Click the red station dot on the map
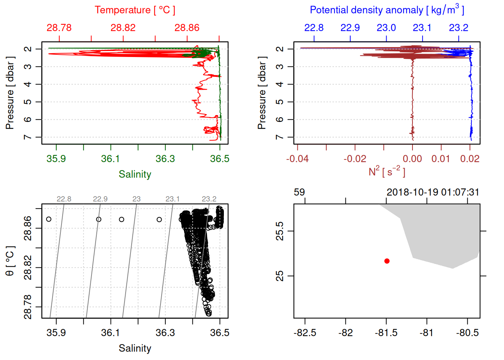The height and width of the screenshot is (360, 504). [x=387, y=261]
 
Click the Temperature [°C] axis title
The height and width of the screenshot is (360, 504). [x=135, y=10]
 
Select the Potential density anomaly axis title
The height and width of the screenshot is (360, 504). [x=387, y=10]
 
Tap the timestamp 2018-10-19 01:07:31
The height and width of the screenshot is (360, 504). [x=433, y=192]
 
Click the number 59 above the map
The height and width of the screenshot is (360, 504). [x=299, y=192]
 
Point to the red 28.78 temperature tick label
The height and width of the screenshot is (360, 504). [x=59, y=28]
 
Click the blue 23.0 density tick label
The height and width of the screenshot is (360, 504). [x=386, y=28]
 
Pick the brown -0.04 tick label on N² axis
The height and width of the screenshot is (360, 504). [x=297, y=159]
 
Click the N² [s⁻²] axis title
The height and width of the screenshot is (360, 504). [x=387, y=172]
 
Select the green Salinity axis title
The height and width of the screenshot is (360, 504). [x=135, y=174]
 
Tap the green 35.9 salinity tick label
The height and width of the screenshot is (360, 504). [x=56, y=159]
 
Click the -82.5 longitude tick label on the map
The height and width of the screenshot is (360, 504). [x=305, y=333]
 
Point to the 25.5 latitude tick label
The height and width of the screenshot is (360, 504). [x=280, y=231]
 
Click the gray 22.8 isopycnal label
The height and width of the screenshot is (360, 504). [x=64, y=199]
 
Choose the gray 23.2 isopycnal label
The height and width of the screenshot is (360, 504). [x=209, y=199]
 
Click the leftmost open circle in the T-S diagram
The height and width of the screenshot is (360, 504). [x=49, y=219]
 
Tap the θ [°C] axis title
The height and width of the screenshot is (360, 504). [x=10, y=261]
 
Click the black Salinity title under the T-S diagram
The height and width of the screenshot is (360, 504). [x=135, y=348]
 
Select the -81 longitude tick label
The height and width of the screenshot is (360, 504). [x=426, y=333]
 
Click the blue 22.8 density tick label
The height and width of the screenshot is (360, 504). [x=313, y=28]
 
